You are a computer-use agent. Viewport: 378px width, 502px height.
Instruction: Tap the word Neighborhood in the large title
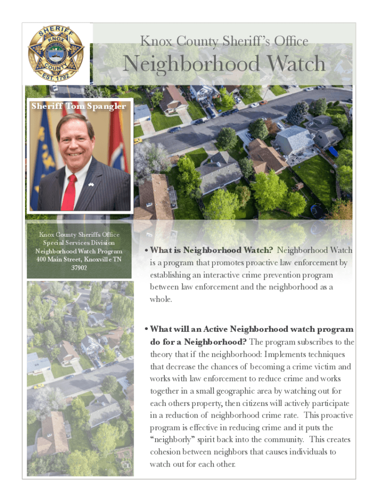pyautogui.click(x=191, y=64)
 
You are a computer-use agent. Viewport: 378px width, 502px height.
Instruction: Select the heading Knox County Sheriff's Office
pyautogui.click(x=224, y=41)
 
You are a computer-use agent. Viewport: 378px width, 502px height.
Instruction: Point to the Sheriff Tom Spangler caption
pyautogui.click(x=79, y=106)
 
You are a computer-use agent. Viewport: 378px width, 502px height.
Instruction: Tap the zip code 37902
pyautogui.click(x=79, y=268)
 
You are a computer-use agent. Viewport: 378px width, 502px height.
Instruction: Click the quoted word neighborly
pyautogui.click(x=173, y=440)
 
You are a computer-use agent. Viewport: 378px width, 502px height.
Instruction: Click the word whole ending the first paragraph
pyautogui.click(x=161, y=299)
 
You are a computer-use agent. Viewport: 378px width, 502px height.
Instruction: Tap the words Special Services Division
pyautogui.click(x=79, y=243)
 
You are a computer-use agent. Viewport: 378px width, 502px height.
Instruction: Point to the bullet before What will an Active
pyautogui.click(x=146, y=329)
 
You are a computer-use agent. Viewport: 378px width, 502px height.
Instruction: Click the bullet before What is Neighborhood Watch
pyautogui.click(x=146, y=251)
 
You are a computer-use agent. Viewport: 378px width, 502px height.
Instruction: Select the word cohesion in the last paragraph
pyautogui.click(x=167, y=452)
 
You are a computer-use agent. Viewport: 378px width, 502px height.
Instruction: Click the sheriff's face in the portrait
pyautogui.click(x=75, y=143)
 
